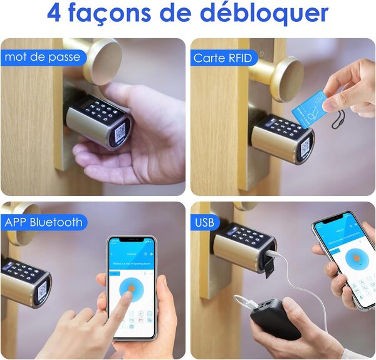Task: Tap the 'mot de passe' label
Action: click(x=42, y=57)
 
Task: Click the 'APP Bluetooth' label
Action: click(x=43, y=222)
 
